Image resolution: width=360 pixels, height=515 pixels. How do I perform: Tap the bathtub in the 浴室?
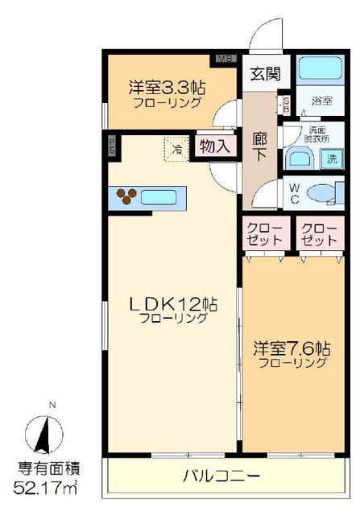[317, 69]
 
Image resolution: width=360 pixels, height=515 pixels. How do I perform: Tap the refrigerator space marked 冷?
[176, 147]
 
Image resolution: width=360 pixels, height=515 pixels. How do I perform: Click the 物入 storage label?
[215, 146]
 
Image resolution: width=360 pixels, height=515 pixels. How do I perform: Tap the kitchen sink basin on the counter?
[163, 196]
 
